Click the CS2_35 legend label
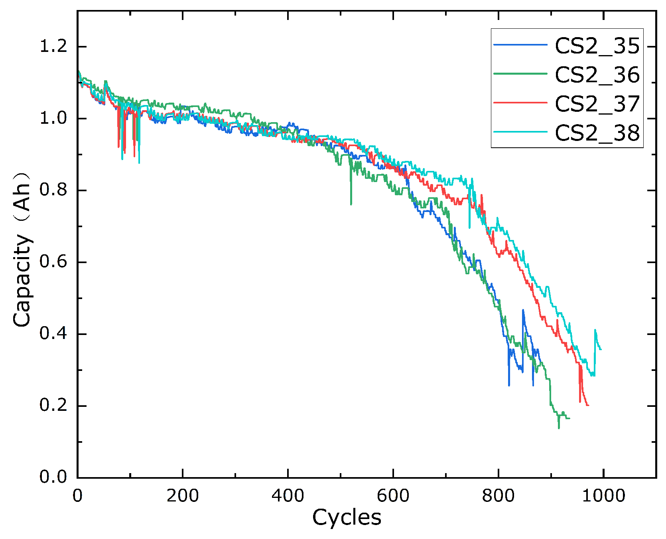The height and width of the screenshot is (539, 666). [597, 46]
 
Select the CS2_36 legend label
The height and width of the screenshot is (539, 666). [597, 75]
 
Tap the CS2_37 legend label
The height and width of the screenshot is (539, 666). [597, 104]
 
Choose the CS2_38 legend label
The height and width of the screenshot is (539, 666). [597, 133]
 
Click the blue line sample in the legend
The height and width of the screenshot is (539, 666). [520, 45]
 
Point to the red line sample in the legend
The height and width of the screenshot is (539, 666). [520, 102]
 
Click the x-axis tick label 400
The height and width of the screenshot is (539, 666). [288, 496]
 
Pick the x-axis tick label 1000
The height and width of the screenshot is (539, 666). [603, 496]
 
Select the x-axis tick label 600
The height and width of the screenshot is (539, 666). [393, 496]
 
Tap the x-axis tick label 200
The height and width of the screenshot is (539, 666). [182, 496]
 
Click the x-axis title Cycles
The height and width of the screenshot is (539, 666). [347, 518]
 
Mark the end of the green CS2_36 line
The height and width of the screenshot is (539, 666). [569, 418]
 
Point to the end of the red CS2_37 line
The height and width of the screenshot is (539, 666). [588, 405]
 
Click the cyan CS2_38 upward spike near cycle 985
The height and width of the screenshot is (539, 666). [595, 330]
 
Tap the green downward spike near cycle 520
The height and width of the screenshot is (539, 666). [351, 204]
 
